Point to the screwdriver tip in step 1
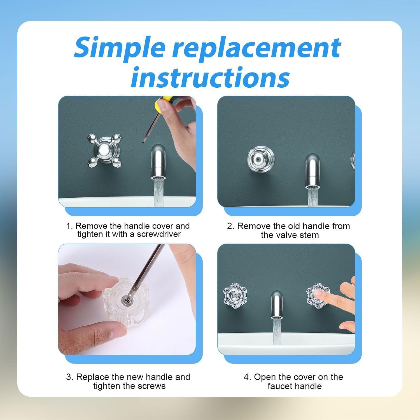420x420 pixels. [x=143, y=142]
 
